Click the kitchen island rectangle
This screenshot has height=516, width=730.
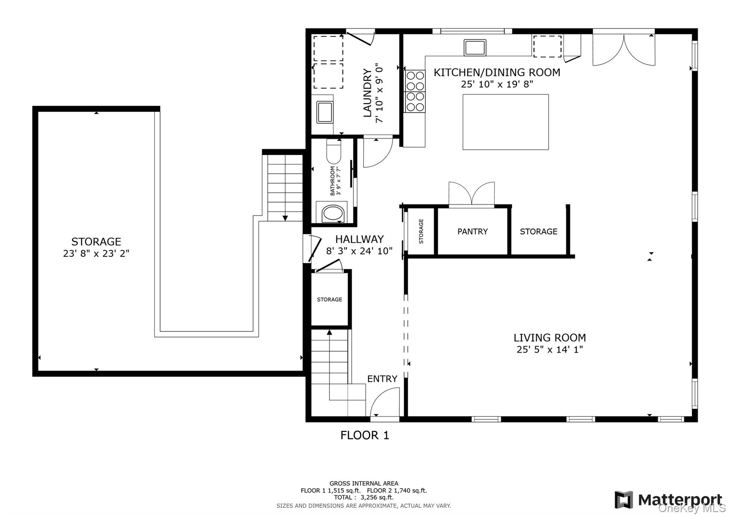505,122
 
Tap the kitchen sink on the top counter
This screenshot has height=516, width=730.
475,47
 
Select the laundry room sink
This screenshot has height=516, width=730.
325,112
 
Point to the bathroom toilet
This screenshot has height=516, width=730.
334,151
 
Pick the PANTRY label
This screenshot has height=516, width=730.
472,231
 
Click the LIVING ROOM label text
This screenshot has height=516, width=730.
550,337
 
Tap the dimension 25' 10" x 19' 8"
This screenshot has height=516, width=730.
497,84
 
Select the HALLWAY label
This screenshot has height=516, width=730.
359,239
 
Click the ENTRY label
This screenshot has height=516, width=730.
382,379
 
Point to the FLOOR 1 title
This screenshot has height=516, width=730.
365,435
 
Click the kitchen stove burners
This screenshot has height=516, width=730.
415,91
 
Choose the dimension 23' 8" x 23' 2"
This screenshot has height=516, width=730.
96,254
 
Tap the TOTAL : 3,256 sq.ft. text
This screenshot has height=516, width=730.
364,497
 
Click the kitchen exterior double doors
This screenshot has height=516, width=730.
624,50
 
